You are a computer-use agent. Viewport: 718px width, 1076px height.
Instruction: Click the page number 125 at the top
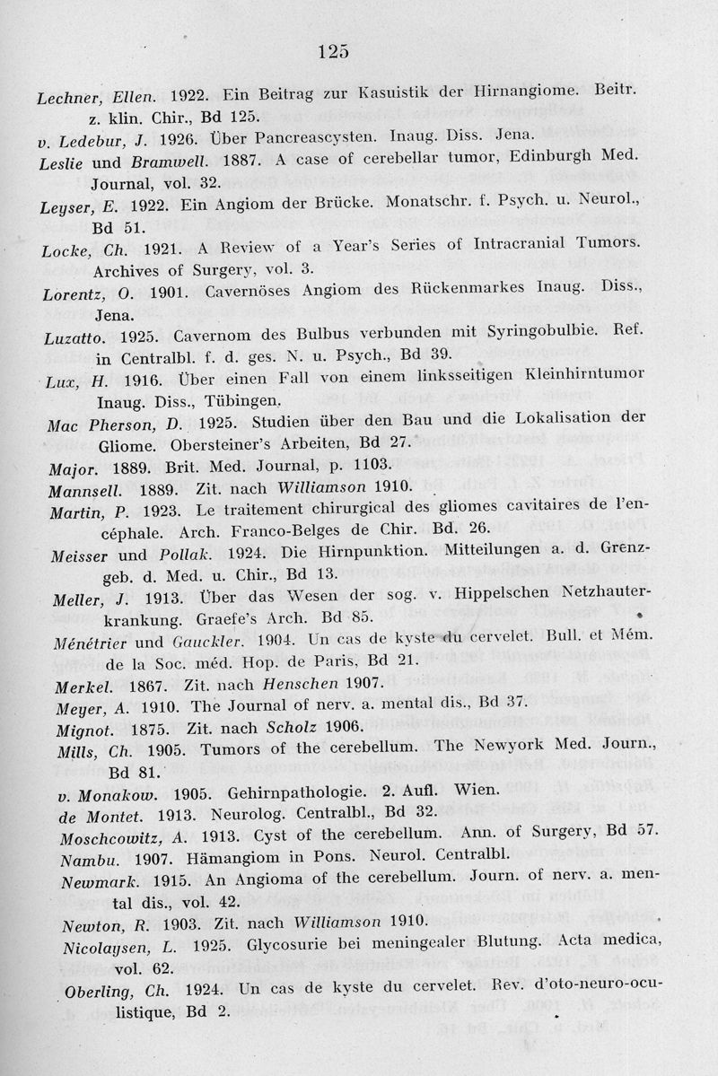click(333, 50)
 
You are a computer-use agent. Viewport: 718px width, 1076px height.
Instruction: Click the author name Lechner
click(67, 94)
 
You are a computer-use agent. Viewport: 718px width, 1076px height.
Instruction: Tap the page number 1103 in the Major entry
click(366, 465)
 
